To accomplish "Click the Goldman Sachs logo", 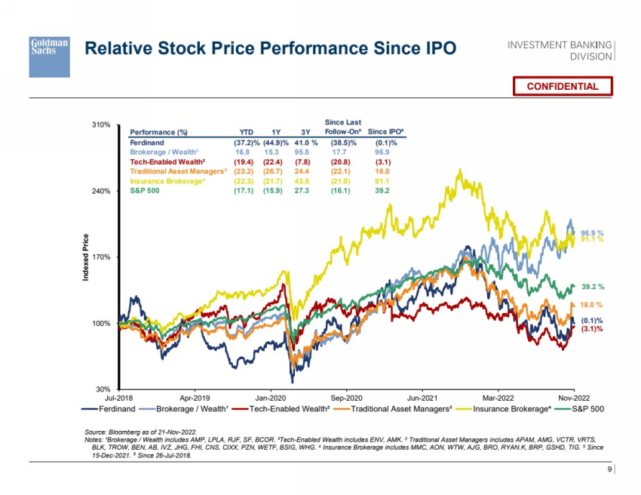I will (x=49, y=56).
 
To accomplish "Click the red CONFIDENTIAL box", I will (x=562, y=86).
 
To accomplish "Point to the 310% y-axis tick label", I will (x=102, y=125).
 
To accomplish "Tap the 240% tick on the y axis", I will (x=102, y=191).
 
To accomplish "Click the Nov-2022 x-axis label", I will (x=573, y=397).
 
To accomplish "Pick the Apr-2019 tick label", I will (x=195, y=397).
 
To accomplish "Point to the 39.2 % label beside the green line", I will (x=593, y=287).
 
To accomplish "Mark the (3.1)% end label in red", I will (x=592, y=329).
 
